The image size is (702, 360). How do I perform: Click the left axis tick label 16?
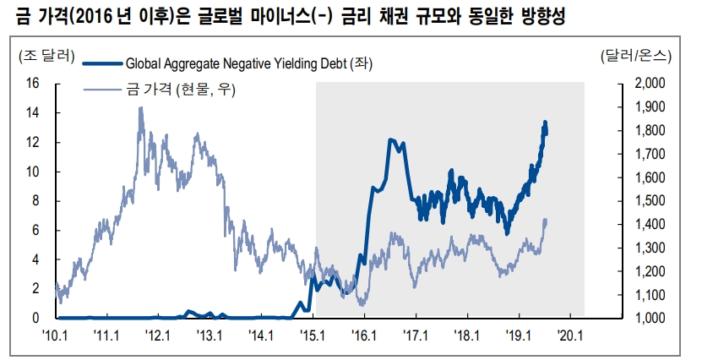pos(34,83)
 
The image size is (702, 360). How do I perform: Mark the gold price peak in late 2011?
pos(139,108)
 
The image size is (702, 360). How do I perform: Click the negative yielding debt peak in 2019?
pos(545,123)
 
